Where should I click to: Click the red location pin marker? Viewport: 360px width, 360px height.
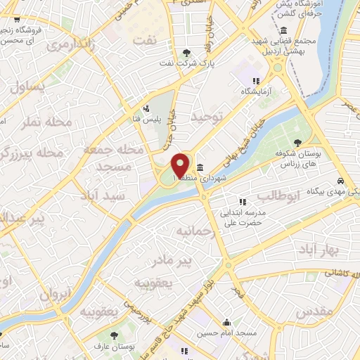181,165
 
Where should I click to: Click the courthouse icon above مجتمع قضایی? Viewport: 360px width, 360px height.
283,30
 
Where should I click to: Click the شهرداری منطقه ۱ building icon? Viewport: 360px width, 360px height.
200,167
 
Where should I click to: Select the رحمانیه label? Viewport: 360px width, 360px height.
193,231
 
